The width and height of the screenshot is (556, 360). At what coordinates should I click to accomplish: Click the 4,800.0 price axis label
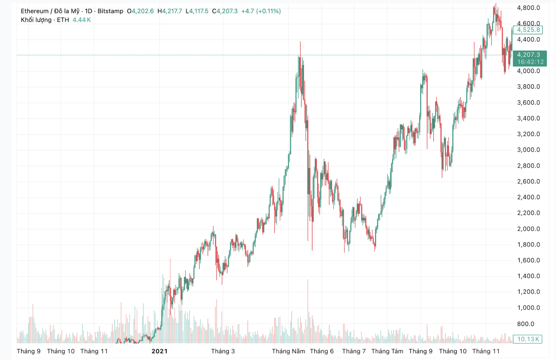pos(528,8)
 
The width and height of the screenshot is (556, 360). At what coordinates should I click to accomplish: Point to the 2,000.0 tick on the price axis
pos(528,229)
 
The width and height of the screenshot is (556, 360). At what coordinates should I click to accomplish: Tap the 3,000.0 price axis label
pos(528,150)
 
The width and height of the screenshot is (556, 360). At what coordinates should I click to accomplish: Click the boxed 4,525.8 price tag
pos(528,30)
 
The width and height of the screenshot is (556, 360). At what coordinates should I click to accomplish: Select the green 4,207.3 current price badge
pos(528,55)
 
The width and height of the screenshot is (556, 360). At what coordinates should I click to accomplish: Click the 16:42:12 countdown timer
pos(530,62)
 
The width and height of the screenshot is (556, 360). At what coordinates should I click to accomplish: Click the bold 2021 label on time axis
pos(159,351)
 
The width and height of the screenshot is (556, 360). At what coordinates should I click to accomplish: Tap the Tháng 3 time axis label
pos(223,351)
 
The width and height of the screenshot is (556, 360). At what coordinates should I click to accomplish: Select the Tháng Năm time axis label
pos(288,351)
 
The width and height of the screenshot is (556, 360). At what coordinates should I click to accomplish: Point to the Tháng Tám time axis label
pos(387,351)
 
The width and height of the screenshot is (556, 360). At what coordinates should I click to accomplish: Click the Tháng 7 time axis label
pos(354,351)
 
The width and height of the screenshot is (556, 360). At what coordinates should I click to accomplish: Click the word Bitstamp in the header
pos(110,11)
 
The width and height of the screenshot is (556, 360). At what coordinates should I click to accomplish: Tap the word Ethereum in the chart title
pos(34,11)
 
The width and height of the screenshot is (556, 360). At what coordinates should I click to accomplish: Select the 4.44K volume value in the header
pos(82,20)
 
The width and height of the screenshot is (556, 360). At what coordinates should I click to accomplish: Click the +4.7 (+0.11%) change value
pos(261,11)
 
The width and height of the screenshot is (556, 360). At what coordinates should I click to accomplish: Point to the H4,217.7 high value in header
pos(170,11)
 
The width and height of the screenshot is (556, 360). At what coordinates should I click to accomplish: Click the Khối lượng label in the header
pos(36,20)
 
